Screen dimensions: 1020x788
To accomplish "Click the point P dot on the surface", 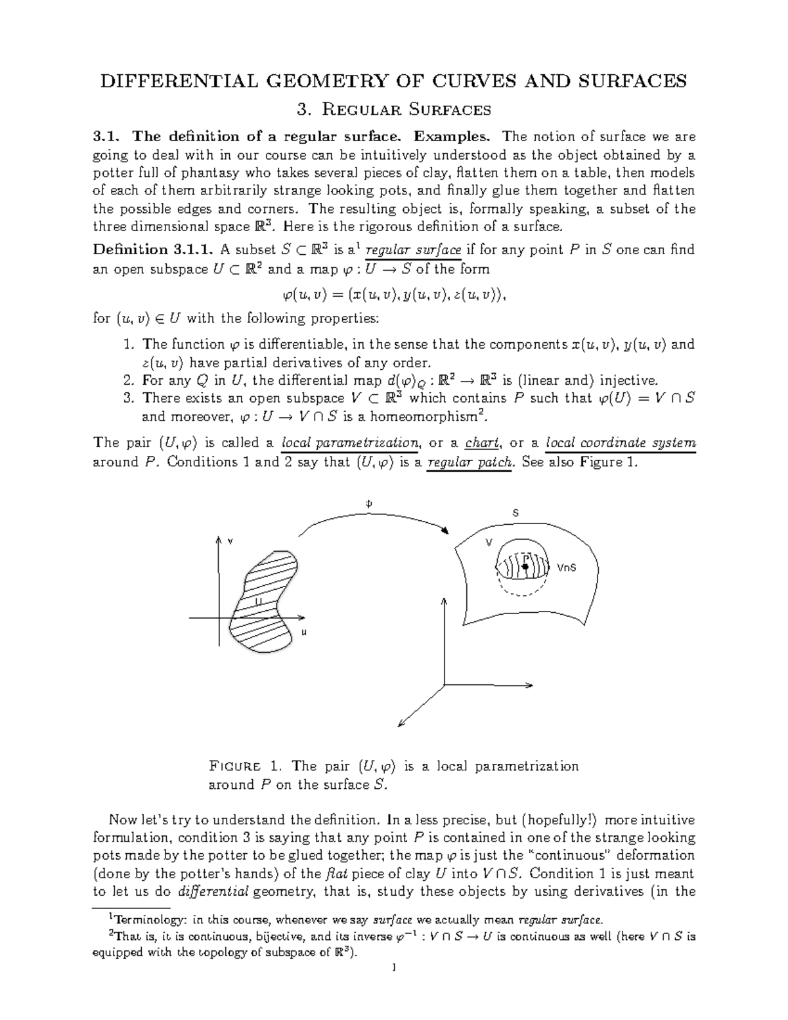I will (525, 565).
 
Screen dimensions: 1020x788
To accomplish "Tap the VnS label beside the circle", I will (566, 567).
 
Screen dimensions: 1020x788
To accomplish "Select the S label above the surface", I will (515, 512).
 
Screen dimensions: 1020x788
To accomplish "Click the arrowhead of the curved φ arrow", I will (446, 531).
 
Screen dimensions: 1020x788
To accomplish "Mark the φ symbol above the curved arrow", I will (368, 503).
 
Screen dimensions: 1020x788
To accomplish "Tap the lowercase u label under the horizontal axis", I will (304, 632).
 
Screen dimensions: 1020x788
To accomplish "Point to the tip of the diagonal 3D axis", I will (400, 726).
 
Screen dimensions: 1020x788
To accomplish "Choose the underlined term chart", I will (483, 443).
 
